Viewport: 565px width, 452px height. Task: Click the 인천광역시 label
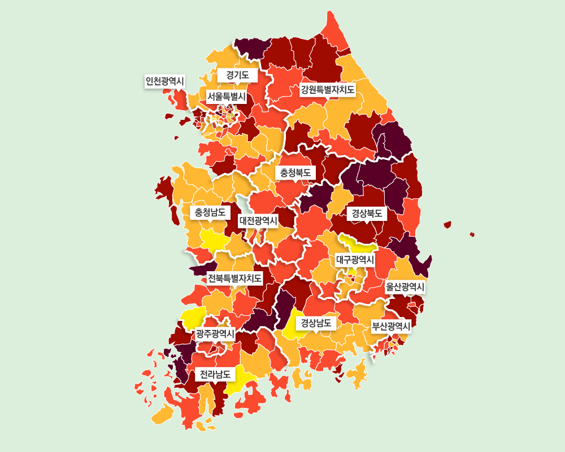click(165, 81)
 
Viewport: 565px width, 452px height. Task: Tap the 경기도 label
click(237, 75)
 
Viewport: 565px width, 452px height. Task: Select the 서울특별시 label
click(226, 97)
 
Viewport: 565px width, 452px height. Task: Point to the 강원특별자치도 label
click(328, 89)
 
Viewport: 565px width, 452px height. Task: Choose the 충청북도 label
click(295, 172)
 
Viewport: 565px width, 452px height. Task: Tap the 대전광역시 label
click(258, 220)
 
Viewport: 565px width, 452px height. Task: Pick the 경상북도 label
click(367, 214)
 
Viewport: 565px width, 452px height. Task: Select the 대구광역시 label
click(355, 259)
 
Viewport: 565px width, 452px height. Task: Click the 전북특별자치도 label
click(234, 278)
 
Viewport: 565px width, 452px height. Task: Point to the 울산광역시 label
click(405, 287)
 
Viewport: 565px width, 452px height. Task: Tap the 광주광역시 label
click(215, 333)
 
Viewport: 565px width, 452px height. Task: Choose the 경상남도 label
click(316, 323)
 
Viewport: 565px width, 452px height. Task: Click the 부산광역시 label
click(390, 326)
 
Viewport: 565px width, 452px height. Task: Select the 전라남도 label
click(215, 374)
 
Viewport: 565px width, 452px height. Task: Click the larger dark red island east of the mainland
click(447, 225)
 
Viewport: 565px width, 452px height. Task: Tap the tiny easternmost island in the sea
click(472, 234)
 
